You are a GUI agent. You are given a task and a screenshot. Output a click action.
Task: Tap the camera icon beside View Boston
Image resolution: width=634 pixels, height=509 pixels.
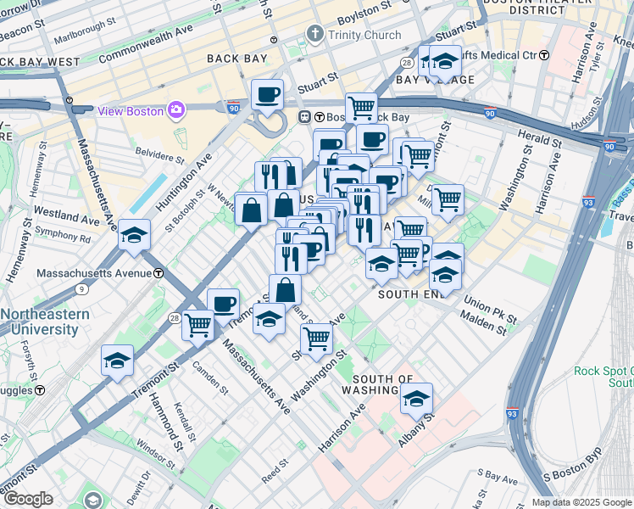pos(176,109)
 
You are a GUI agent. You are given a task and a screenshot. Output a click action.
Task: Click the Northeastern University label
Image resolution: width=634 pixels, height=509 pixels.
pos(44,322)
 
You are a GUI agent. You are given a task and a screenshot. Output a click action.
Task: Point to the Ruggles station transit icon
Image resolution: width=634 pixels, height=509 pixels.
pos(39,390)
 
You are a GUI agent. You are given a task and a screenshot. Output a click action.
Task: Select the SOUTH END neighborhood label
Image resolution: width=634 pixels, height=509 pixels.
pos(411,294)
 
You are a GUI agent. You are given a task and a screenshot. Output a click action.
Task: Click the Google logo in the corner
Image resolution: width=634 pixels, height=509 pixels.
pos(27,499)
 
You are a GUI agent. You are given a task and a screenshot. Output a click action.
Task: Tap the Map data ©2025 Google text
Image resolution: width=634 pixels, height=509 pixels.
pos(580,502)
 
